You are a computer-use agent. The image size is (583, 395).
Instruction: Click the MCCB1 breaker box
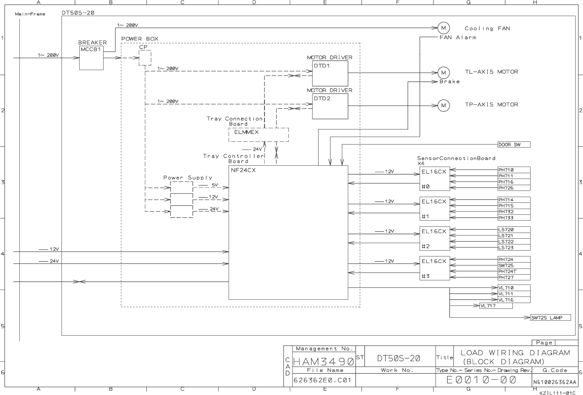pos(91,58)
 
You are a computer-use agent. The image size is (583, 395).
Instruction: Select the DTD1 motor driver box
pos(330,74)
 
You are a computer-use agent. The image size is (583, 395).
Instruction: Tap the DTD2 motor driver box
pos(330,106)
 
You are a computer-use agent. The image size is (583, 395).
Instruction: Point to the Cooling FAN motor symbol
pos(444,28)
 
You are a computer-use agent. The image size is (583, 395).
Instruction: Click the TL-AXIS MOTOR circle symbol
pos(444,73)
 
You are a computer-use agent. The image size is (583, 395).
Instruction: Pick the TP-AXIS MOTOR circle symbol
pos(444,105)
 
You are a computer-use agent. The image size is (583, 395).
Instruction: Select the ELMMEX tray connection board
pos(258,134)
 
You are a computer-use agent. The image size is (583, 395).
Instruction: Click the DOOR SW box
pos(514,145)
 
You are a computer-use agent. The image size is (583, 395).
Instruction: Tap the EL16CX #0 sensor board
pos(434,179)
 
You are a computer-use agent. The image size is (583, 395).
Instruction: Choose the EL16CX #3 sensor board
pos(434,268)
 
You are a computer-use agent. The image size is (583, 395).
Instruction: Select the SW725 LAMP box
pos(550,317)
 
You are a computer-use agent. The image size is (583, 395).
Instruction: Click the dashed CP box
pos(145,58)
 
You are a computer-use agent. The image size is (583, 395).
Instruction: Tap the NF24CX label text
pos(243,170)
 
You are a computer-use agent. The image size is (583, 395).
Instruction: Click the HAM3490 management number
pos(323,362)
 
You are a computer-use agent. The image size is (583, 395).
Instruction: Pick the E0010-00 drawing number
pos(481,380)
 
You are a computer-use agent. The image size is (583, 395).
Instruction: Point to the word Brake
pos(449,82)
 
